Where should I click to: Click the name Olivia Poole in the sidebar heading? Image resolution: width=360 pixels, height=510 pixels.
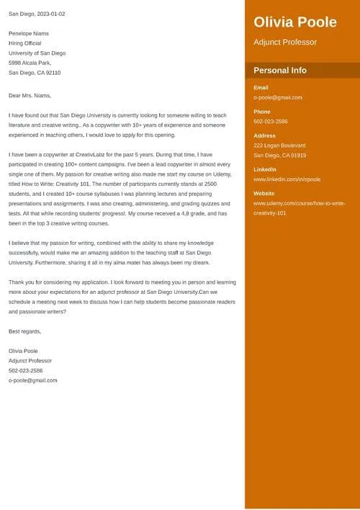(x=295, y=22)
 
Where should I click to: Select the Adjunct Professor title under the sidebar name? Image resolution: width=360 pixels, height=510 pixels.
(x=285, y=42)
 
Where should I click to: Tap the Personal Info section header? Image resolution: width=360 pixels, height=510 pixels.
(x=280, y=71)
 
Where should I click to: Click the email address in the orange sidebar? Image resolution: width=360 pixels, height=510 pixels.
(x=278, y=97)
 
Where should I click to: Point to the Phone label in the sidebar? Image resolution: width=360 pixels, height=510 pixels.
(x=262, y=112)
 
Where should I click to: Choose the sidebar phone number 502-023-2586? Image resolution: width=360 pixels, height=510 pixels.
(x=271, y=122)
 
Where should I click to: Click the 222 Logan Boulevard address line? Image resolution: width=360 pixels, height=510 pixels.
(x=279, y=146)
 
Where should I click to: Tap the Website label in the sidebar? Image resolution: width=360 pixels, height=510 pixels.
(x=265, y=194)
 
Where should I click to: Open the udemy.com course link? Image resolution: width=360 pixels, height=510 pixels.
(x=289, y=208)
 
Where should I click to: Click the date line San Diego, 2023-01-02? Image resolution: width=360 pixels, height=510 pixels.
(x=37, y=14)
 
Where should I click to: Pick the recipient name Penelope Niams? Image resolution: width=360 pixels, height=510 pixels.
(x=30, y=33)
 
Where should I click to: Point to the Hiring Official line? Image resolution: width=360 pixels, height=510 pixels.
(x=25, y=43)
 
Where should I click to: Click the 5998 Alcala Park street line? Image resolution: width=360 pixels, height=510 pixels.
(x=30, y=63)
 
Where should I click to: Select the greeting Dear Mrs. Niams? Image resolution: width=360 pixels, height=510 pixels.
(x=30, y=95)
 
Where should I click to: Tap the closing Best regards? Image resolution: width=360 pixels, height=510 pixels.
(x=25, y=331)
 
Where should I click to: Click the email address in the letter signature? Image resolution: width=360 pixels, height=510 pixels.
(x=33, y=380)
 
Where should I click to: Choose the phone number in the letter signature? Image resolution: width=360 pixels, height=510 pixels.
(x=26, y=370)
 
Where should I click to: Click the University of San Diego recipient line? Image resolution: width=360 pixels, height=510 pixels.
(x=37, y=53)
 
